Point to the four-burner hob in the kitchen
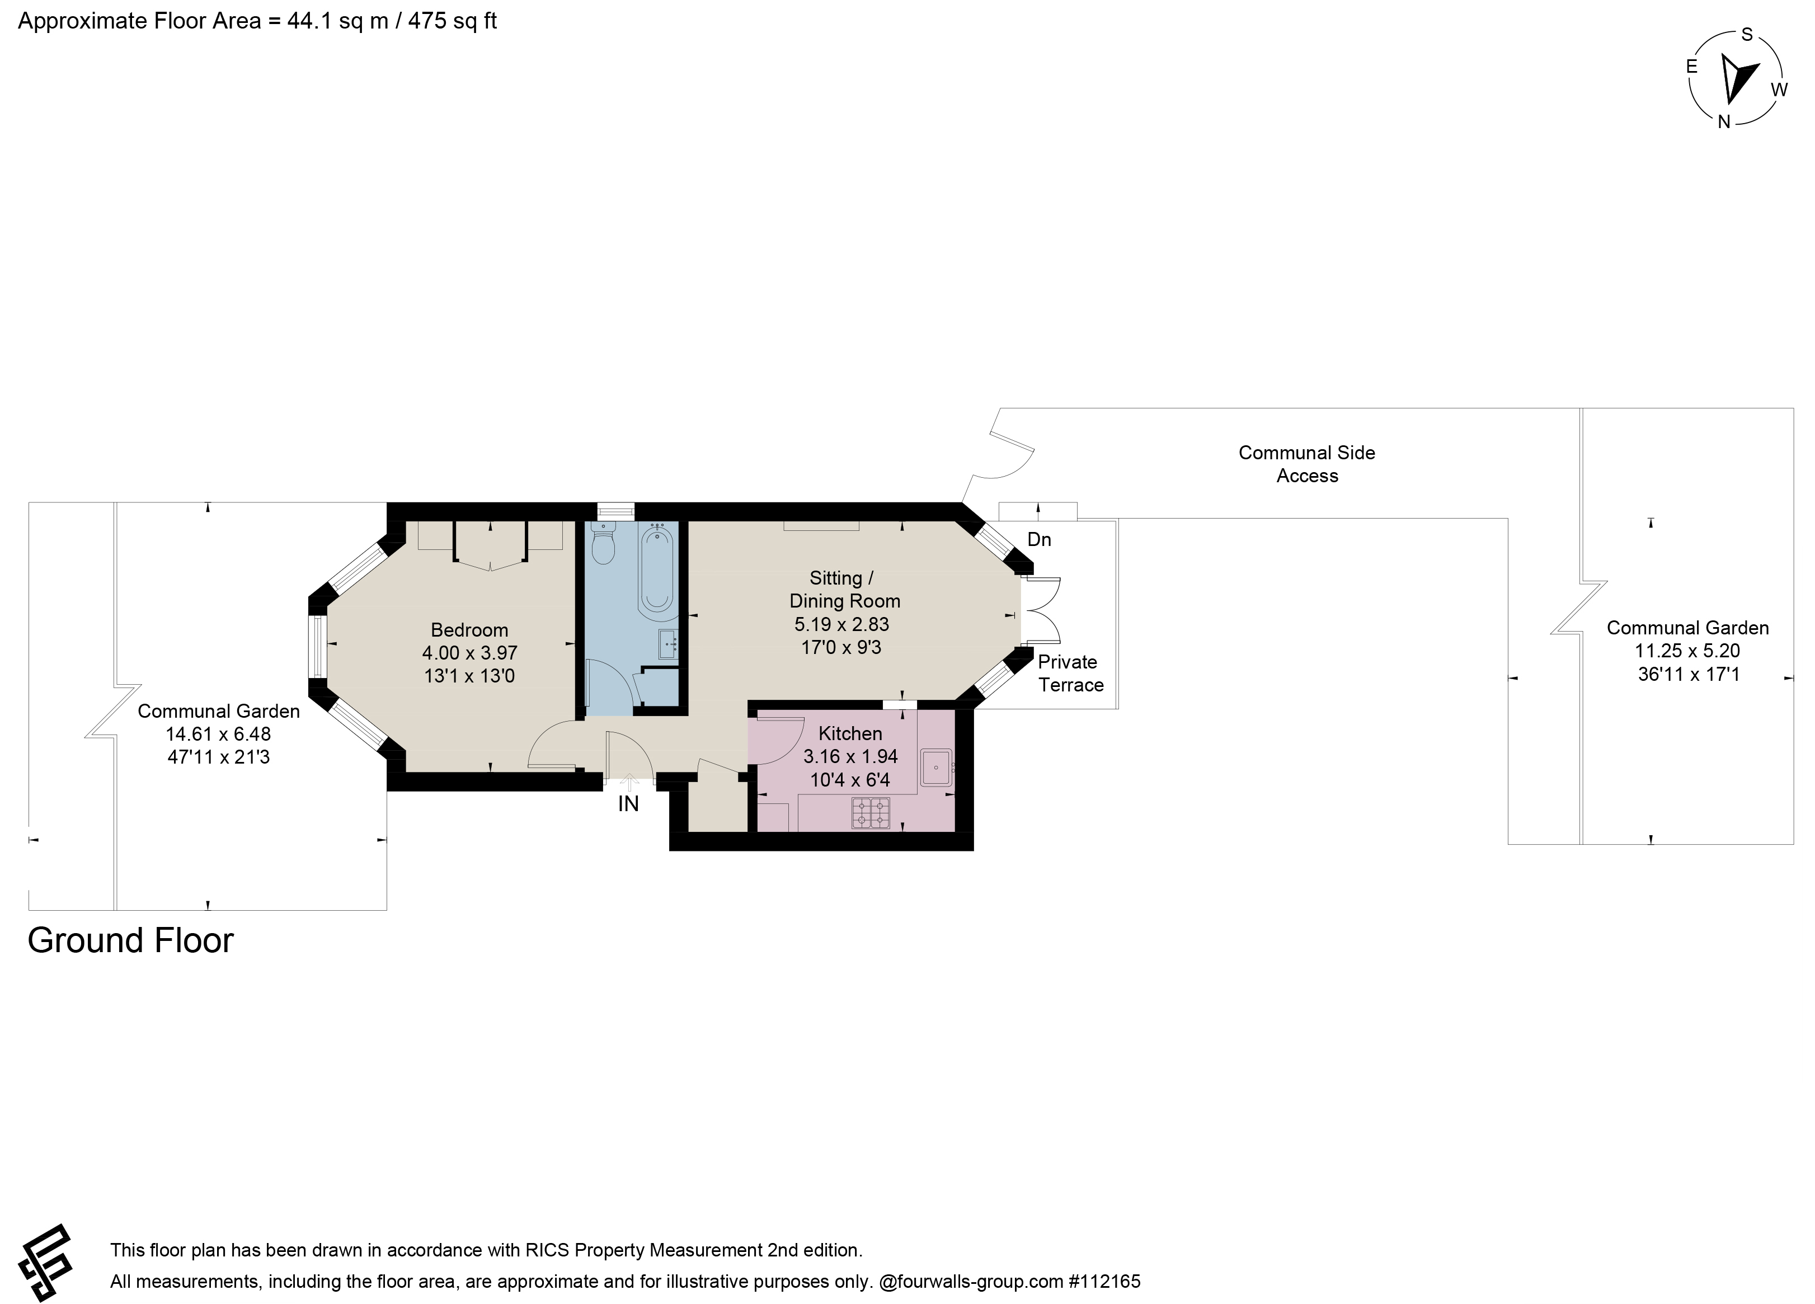click(x=871, y=813)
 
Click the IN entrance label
click(x=628, y=804)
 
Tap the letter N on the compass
click(x=1724, y=121)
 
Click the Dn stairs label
click(x=1039, y=540)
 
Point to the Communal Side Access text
click(x=1307, y=464)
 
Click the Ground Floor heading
click(x=130, y=941)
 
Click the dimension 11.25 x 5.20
click(x=1688, y=651)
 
